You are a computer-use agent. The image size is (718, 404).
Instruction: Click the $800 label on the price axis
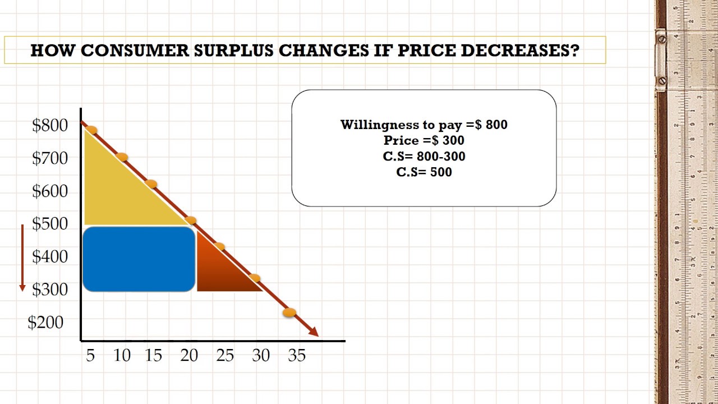tap(50, 125)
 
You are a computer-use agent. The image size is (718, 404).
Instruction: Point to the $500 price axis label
tap(50, 224)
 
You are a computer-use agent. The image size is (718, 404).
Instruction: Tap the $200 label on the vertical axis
tap(45, 322)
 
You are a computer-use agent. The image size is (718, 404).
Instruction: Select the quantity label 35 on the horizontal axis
tap(297, 355)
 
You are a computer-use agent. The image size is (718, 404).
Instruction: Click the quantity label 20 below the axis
tap(189, 355)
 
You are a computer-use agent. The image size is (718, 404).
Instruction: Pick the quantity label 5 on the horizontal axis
tap(90, 355)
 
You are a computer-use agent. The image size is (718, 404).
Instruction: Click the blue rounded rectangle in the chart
tap(139, 259)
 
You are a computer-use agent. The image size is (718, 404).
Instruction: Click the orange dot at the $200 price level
tap(289, 313)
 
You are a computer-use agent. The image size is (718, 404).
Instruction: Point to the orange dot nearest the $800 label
tap(91, 131)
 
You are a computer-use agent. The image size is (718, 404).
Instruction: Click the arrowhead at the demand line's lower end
tap(314, 332)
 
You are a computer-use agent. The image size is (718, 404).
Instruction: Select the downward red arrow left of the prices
tap(22, 258)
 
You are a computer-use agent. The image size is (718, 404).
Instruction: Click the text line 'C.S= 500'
tap(424, 172)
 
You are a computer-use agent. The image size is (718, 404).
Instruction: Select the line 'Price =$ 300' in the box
tap(424, 140)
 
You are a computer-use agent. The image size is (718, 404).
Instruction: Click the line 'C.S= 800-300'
tap(424, 156)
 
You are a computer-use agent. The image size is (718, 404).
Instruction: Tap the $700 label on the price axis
tap(50, 158)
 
